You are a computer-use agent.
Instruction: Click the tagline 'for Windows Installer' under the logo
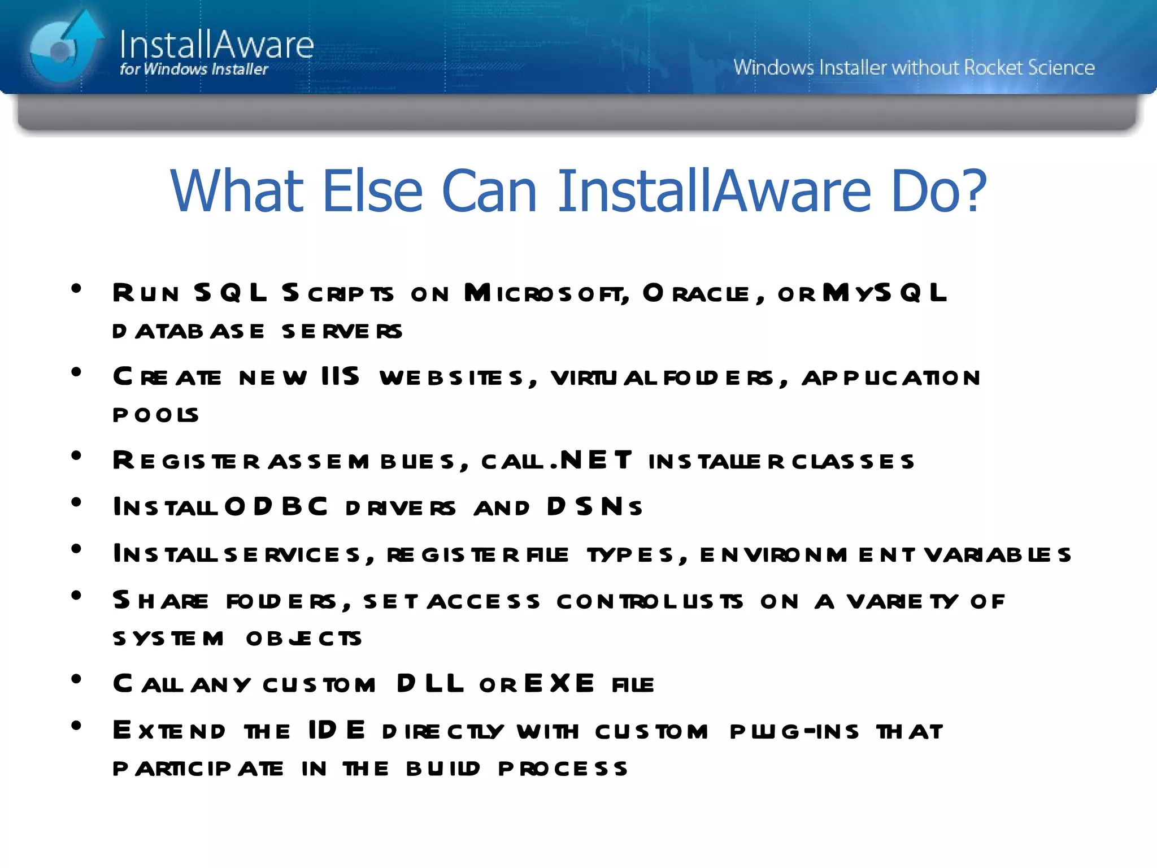(194, 70)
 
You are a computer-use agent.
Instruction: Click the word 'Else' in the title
(372, 191)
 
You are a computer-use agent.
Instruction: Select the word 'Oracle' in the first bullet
(696, 293)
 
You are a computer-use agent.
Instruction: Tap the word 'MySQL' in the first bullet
(884, 293)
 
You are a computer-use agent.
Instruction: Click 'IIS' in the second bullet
(340, 377)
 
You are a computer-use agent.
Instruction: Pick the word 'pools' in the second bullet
(155, 415)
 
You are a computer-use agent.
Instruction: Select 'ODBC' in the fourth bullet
(276, 507)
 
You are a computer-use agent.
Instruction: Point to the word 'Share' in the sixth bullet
(160, 601)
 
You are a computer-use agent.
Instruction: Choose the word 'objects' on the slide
(304, 639)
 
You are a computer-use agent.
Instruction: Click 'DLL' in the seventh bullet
(430, 684)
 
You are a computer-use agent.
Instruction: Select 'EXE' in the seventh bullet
(559, 684)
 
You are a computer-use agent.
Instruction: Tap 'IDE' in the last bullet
(337, 731)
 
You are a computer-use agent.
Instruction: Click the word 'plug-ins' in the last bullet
(794, 731)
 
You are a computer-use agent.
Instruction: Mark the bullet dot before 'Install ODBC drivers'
(76, 502)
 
